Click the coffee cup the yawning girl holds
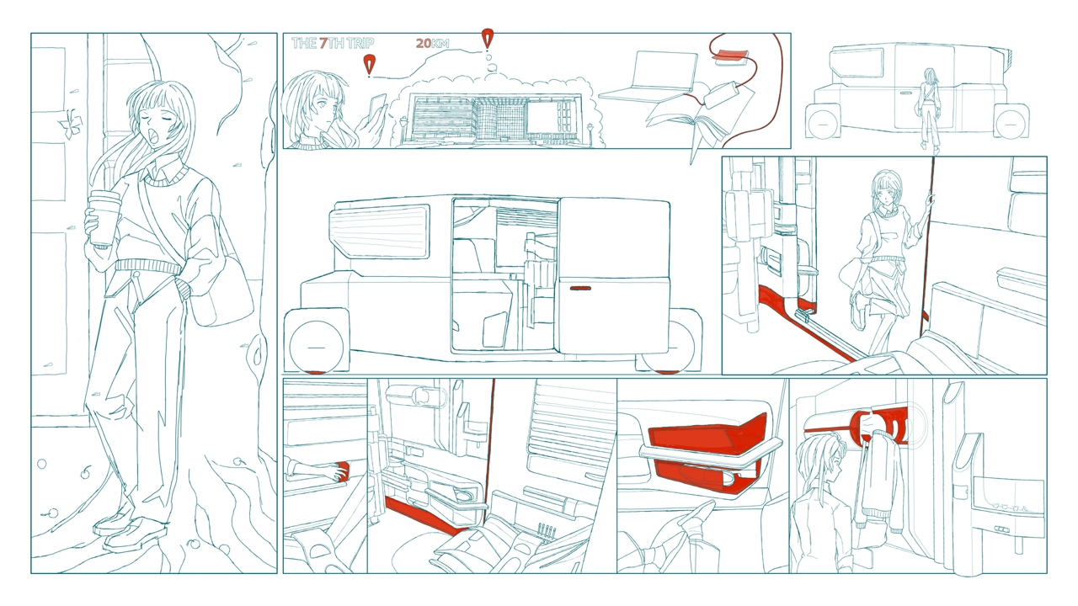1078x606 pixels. coord(104,216)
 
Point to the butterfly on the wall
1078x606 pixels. coord(70,122)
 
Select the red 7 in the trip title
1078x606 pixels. coord(323,43)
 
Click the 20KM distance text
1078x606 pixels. coord(432,43)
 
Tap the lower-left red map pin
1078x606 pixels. coord(369,65)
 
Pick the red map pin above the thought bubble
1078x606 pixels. coord(487,39)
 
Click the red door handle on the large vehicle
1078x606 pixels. coord(580,288)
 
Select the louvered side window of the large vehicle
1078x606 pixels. coord(379,231)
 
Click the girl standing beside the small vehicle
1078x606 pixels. coord(930,109)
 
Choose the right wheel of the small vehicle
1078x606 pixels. coord(1011,124)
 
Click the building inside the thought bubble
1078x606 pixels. coord(496,117)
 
